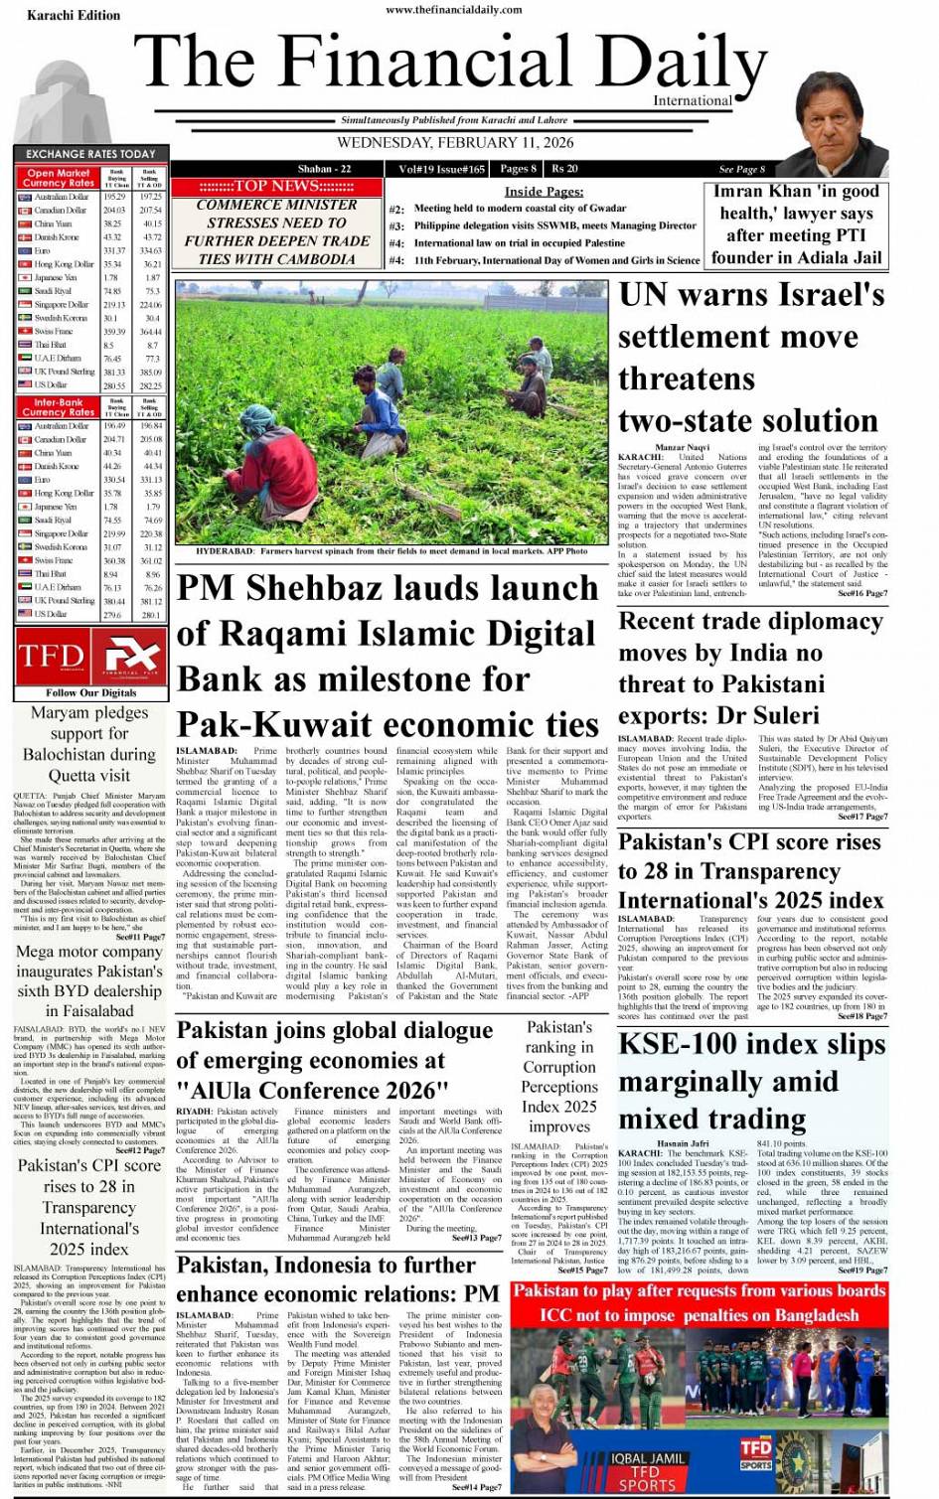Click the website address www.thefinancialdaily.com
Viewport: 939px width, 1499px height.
[x=453, y=10]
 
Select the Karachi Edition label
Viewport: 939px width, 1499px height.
[x=74, y=15]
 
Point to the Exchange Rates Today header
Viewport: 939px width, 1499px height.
[x=90, y=154]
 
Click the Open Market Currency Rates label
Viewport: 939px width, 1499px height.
[x=59, y=178]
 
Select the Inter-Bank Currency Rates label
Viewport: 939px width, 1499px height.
[x=59, y=407]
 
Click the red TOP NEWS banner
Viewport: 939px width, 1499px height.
[x=276, y=186]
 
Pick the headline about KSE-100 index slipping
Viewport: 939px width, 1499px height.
[x=751, y=1081]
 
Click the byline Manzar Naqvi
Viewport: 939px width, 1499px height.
[x=683, y=448]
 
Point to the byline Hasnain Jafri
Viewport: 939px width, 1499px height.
[x=683, y=1143]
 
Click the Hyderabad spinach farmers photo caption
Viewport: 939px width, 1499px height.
[x=391, y=550]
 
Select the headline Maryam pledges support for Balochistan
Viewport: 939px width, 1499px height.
[x=89, y=744]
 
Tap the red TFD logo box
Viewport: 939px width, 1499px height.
[x=51, y=657]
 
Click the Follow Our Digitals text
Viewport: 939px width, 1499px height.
[x=91, y=692]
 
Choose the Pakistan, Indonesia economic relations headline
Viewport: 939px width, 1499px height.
[x=338, y=1278]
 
